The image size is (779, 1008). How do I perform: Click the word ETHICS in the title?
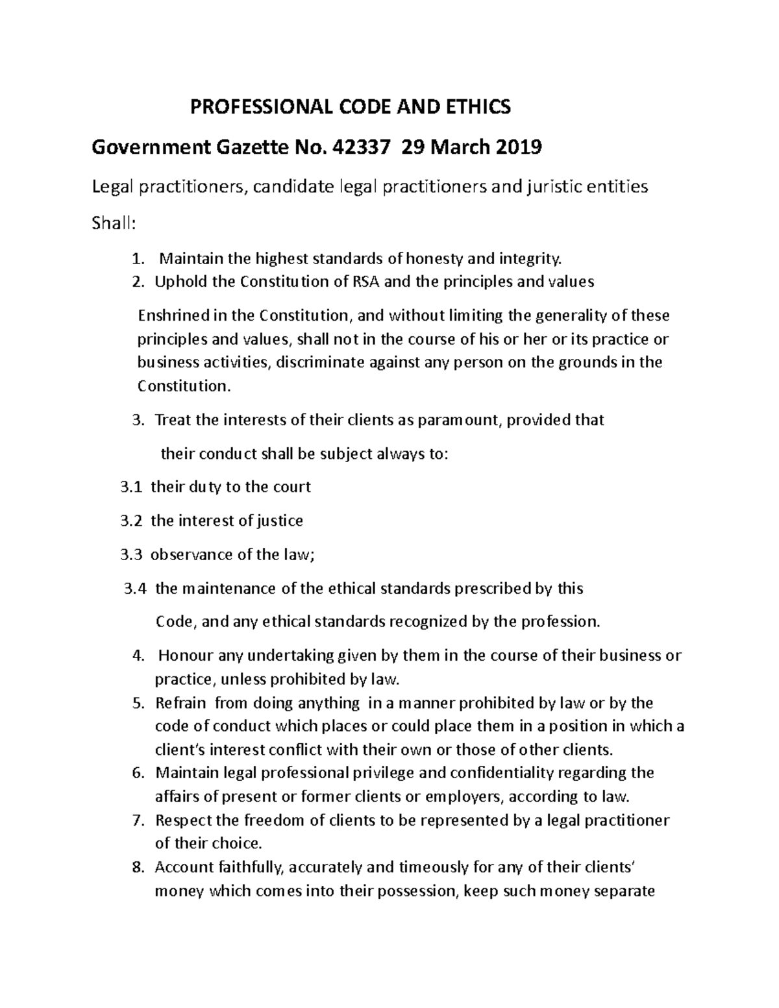coord(478,106)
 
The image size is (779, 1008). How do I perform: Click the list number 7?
coord(137,820)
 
